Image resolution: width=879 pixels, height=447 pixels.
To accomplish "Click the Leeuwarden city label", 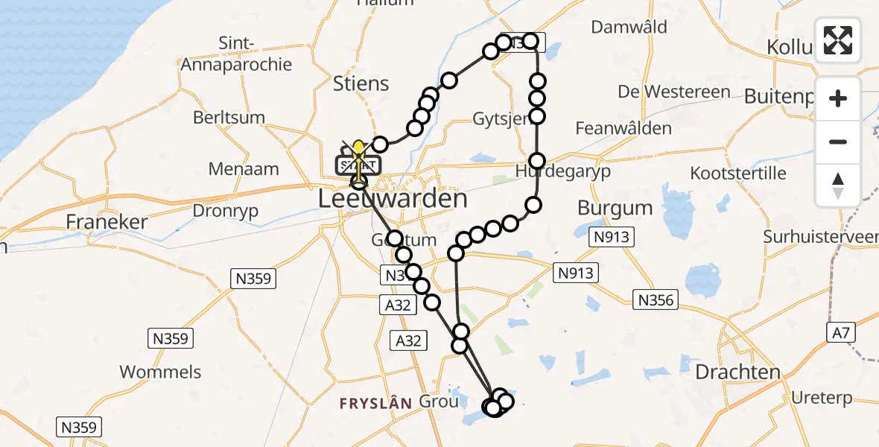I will tap(393, 199).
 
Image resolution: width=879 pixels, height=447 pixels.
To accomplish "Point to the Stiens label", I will tap(362, 83).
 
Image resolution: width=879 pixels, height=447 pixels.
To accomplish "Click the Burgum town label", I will tap(615, 207).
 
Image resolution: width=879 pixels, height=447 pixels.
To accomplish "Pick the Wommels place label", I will tap(160, 372).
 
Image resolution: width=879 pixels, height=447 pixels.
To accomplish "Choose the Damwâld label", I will tap(629, 28).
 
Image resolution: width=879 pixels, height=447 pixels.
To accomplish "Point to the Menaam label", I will tap(244, 169).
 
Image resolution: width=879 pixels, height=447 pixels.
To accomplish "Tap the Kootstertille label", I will tap(738, 173).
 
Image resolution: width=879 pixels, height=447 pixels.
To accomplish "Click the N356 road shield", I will tap(656, 300).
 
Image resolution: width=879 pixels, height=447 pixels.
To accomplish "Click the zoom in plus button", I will tap(838, 98).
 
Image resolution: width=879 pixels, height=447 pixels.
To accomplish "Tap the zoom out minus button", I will tap(838, 142).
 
